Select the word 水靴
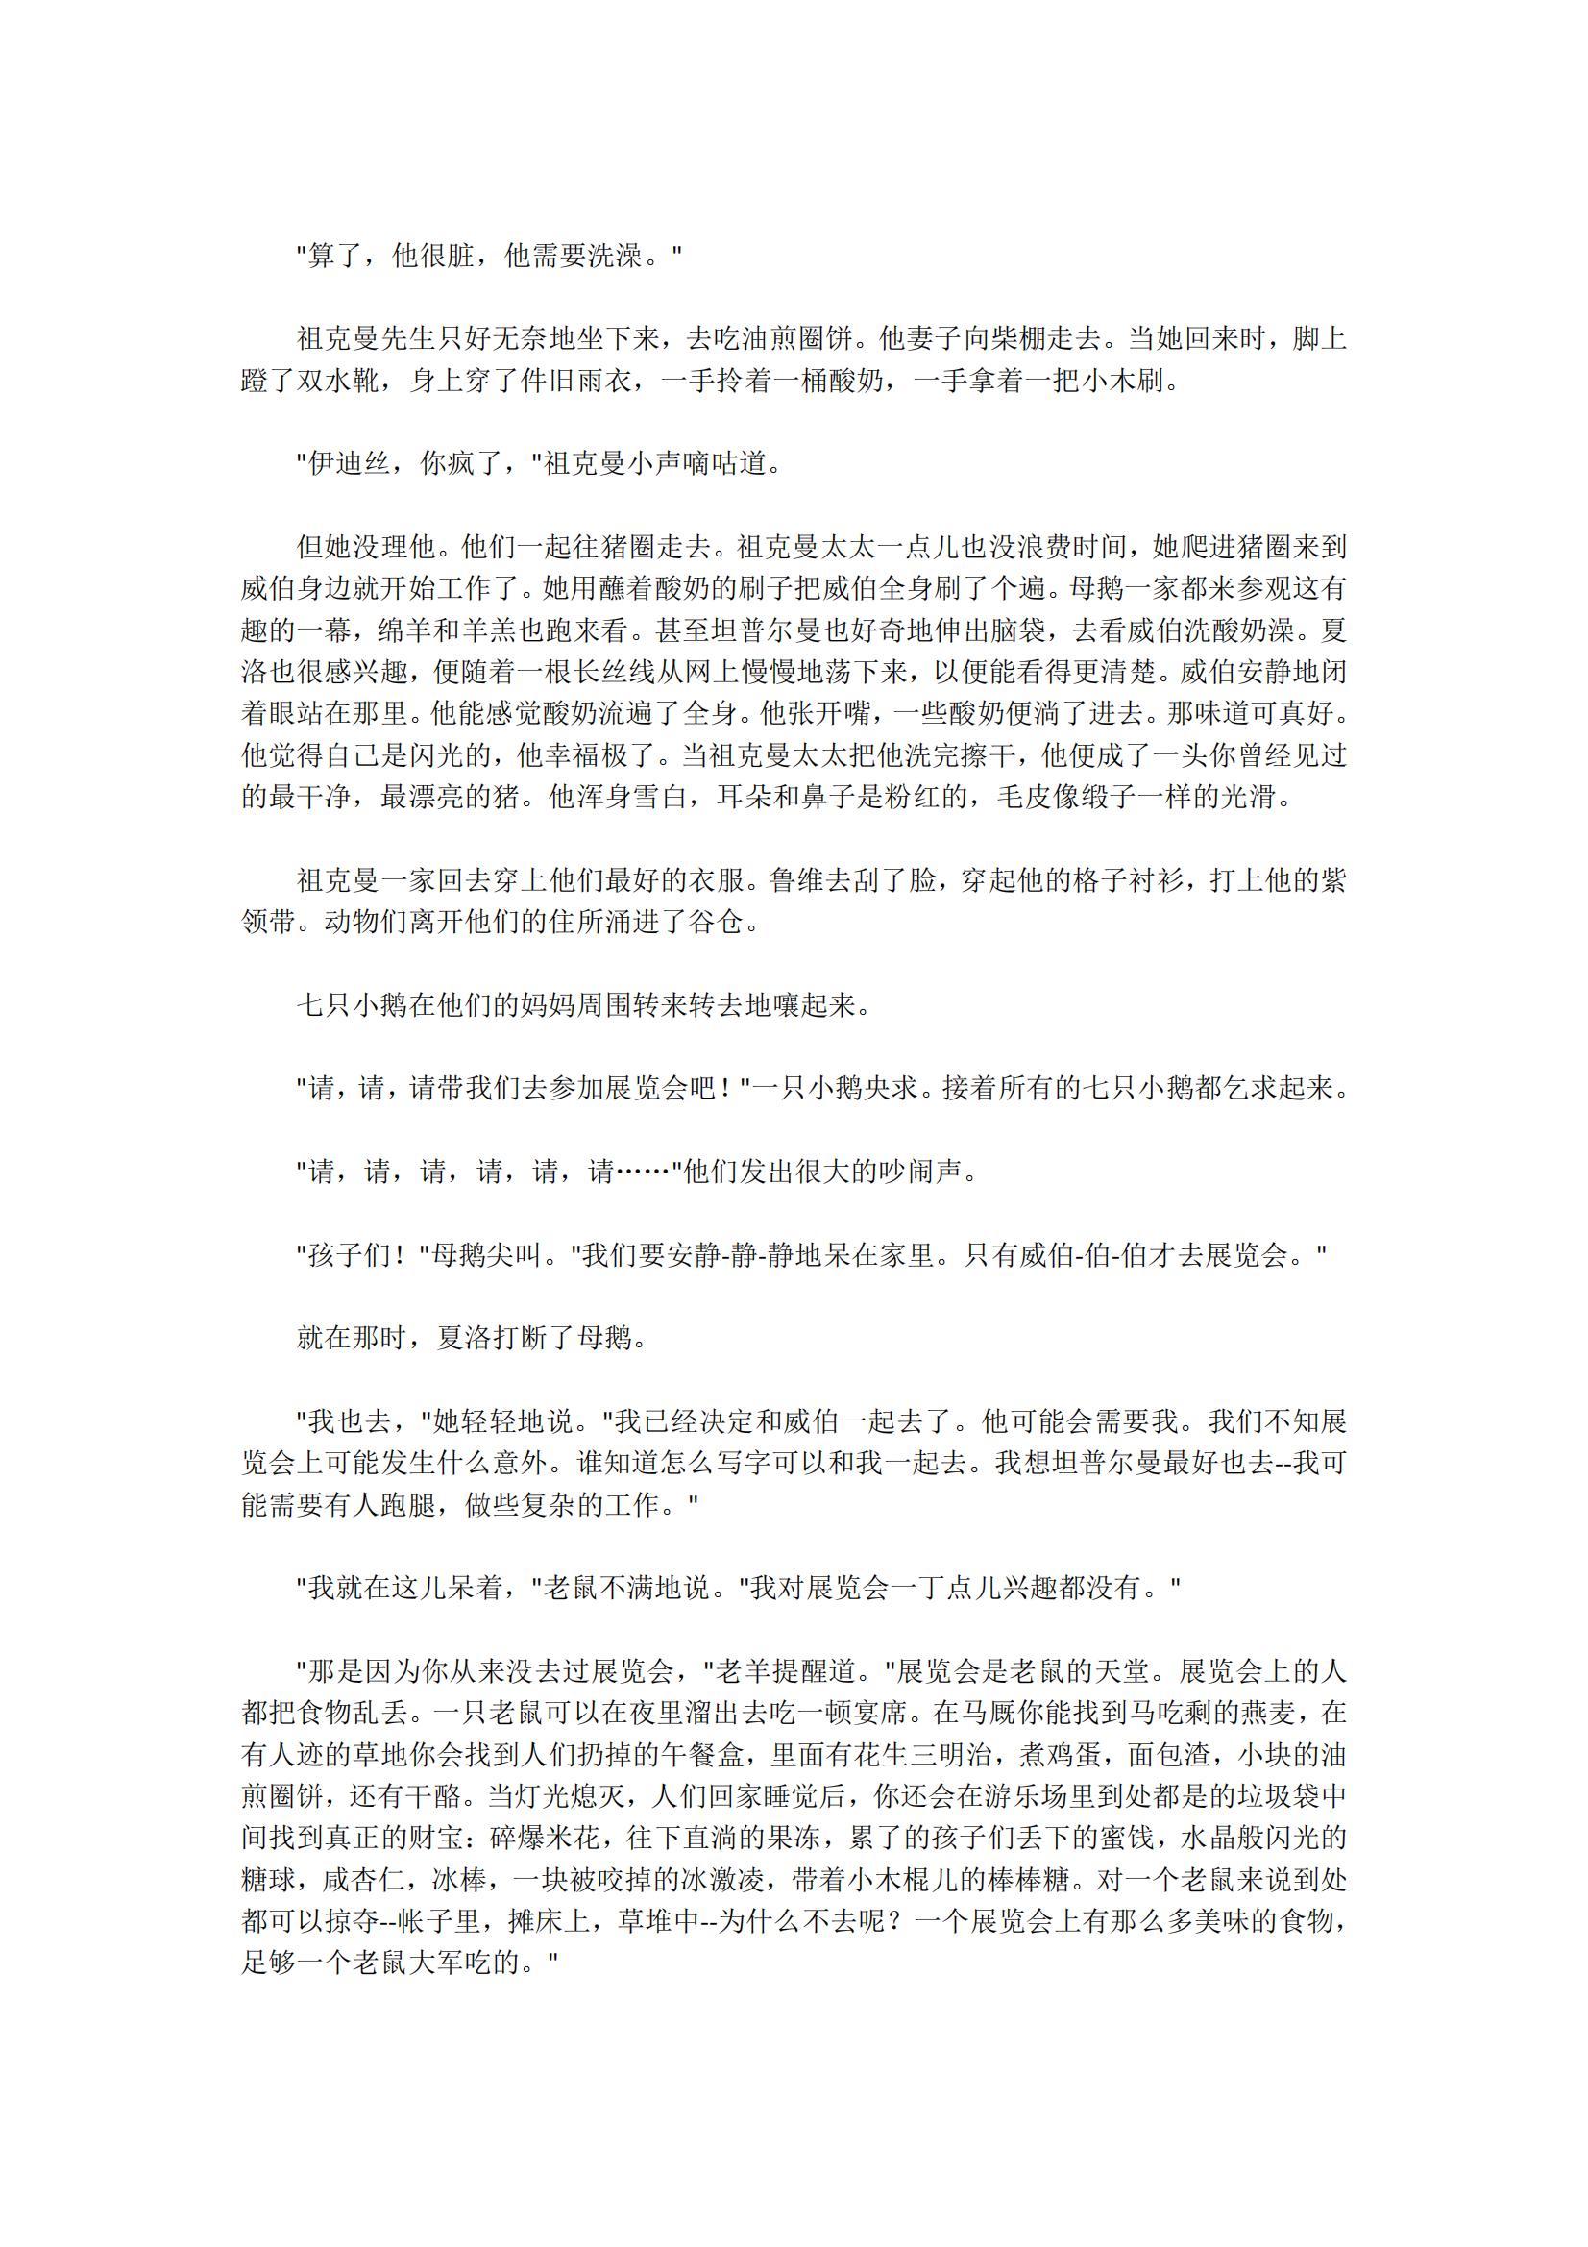click(351, 381)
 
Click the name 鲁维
click(796, 880)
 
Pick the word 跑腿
click(406, 1504)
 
